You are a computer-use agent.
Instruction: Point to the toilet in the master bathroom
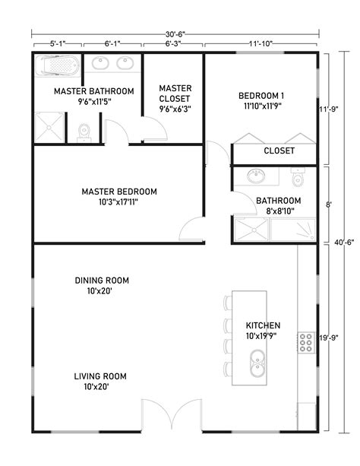[83, 134]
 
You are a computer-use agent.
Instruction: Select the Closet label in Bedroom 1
[279, 151]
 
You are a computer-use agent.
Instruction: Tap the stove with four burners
[306, 344]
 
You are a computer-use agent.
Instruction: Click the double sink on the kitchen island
[257, 362]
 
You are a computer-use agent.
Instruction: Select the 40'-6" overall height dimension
[342, 243]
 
